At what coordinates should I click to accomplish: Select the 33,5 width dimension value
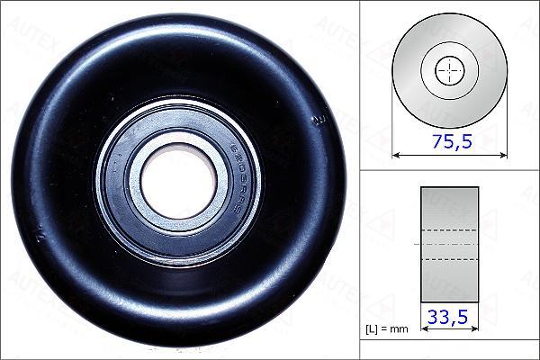point(450,317)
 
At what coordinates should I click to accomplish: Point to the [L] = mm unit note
point(386,328)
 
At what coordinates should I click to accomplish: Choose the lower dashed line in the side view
point(450,260)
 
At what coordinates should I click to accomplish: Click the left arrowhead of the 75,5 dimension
point(396,154)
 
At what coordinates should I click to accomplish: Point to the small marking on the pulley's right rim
point(316,119)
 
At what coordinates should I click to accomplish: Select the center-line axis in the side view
point(450,244)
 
